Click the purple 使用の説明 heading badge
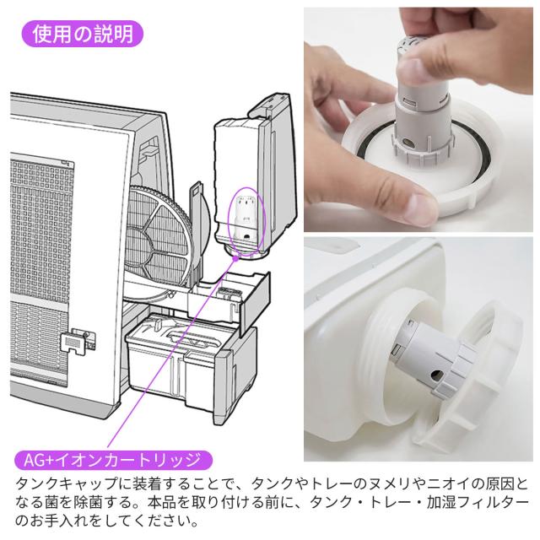pos(83,34)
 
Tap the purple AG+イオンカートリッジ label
pos(113,460)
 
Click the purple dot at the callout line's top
pos(236,257)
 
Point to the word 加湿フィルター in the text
pos(477,503)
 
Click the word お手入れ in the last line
pos(65,521)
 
